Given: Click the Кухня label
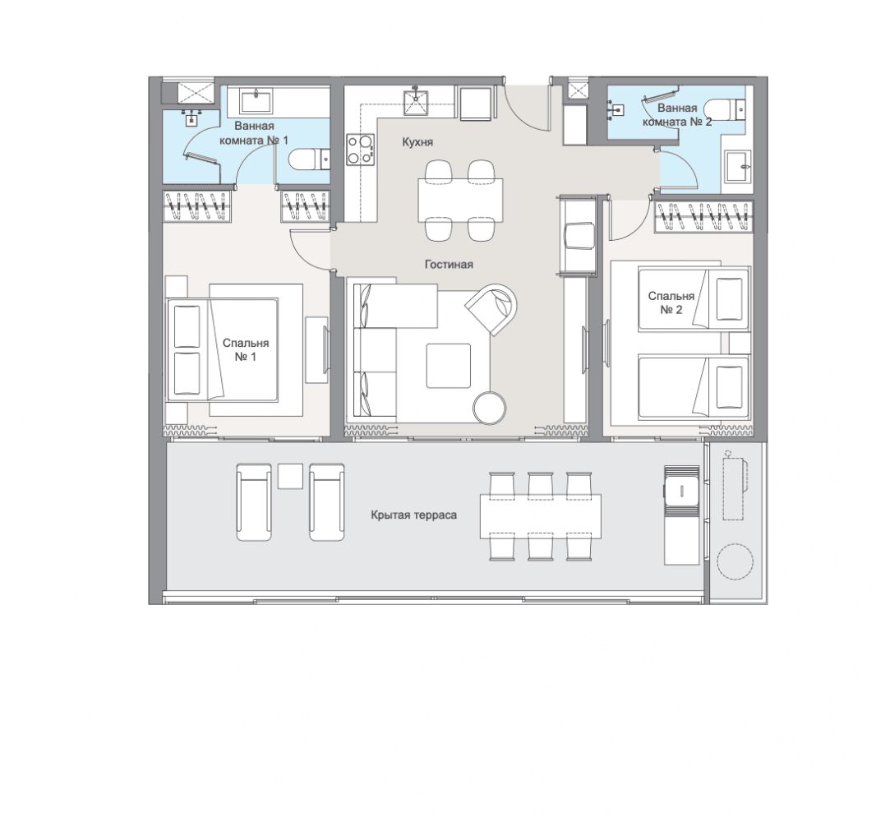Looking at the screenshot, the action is (x=417, y=142).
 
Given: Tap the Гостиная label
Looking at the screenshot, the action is (x=449, y=264).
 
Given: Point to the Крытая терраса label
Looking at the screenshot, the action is (x=414, y=515).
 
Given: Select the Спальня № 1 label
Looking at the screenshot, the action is (x=245, y=349).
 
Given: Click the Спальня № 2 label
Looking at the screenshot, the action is (x=671, y=302).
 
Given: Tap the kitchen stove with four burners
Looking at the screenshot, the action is (x=361, y=150).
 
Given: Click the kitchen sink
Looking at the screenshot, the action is (x=416, y=101).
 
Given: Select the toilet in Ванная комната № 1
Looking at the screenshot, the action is (x=309, y=159).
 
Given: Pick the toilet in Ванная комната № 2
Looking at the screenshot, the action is (x=725, y=109).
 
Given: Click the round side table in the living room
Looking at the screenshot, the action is (x=490, y=407).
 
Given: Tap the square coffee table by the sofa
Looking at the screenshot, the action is (x=449, y=366).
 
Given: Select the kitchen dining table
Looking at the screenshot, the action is (x=460, y=201).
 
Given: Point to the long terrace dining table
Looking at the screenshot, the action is (x=541, y=516).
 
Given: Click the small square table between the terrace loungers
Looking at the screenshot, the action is (x=290, y=476).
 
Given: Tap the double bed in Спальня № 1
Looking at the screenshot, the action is (x=223, y=349).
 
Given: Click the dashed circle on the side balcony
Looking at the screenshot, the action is (x=735, y=561).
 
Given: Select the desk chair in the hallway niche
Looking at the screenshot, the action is (x=579, y=236).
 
